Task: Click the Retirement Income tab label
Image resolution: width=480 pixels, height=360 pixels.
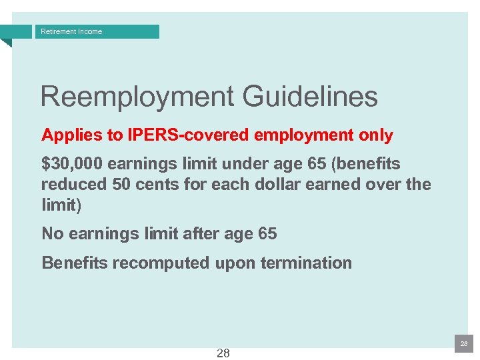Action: coord(71,31)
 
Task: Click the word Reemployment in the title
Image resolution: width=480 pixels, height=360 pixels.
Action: coord(136,97)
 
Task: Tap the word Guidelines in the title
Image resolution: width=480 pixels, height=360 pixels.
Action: coord(310,97)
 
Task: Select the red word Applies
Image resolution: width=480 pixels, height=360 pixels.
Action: coord(66,135)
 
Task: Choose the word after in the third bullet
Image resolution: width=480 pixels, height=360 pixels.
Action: coord(199,233)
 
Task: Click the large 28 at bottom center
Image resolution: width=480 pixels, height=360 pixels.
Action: coord(223,353)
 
